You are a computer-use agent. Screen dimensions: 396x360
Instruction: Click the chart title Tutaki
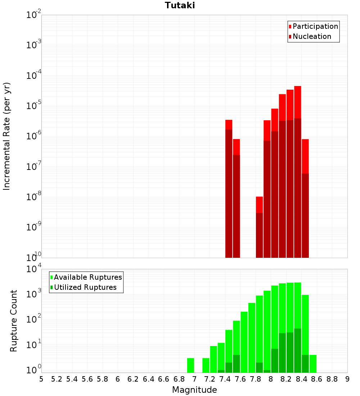pyautogui.click(x=180, y=5)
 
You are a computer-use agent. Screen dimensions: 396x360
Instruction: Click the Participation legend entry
pyautogui.click(x=315, y=26)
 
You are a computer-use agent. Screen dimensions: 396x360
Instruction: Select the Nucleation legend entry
pyautogui.click(x=312, y=36)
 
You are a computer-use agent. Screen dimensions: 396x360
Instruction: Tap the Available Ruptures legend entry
pyautogui.click(x=88, y=277)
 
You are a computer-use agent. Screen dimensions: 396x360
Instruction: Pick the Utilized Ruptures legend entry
pyautogui.click(x=85, y=287)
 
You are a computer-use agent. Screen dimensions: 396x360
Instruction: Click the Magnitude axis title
pyautogui.click(x=194, y=390)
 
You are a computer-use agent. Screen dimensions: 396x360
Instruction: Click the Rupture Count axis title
pyautogui.click(x=14, y=320)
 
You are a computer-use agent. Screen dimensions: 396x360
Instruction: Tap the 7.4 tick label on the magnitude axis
pyautogui.click(x=225, y=379)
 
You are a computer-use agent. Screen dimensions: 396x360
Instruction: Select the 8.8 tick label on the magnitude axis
pyautogui.click(x=332, y=379)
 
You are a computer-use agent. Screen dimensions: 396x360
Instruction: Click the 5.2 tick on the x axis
pyautogui.click(x=57, y=379)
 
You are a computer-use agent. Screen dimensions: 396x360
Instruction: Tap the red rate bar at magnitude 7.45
pyautogui.click(x=229, y=124)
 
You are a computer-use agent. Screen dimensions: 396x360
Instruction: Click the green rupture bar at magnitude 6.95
pyautogui.click(x=190, y=365)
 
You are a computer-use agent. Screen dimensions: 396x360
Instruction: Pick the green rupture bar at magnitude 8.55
pyautogui.click(x=313, y=364)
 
